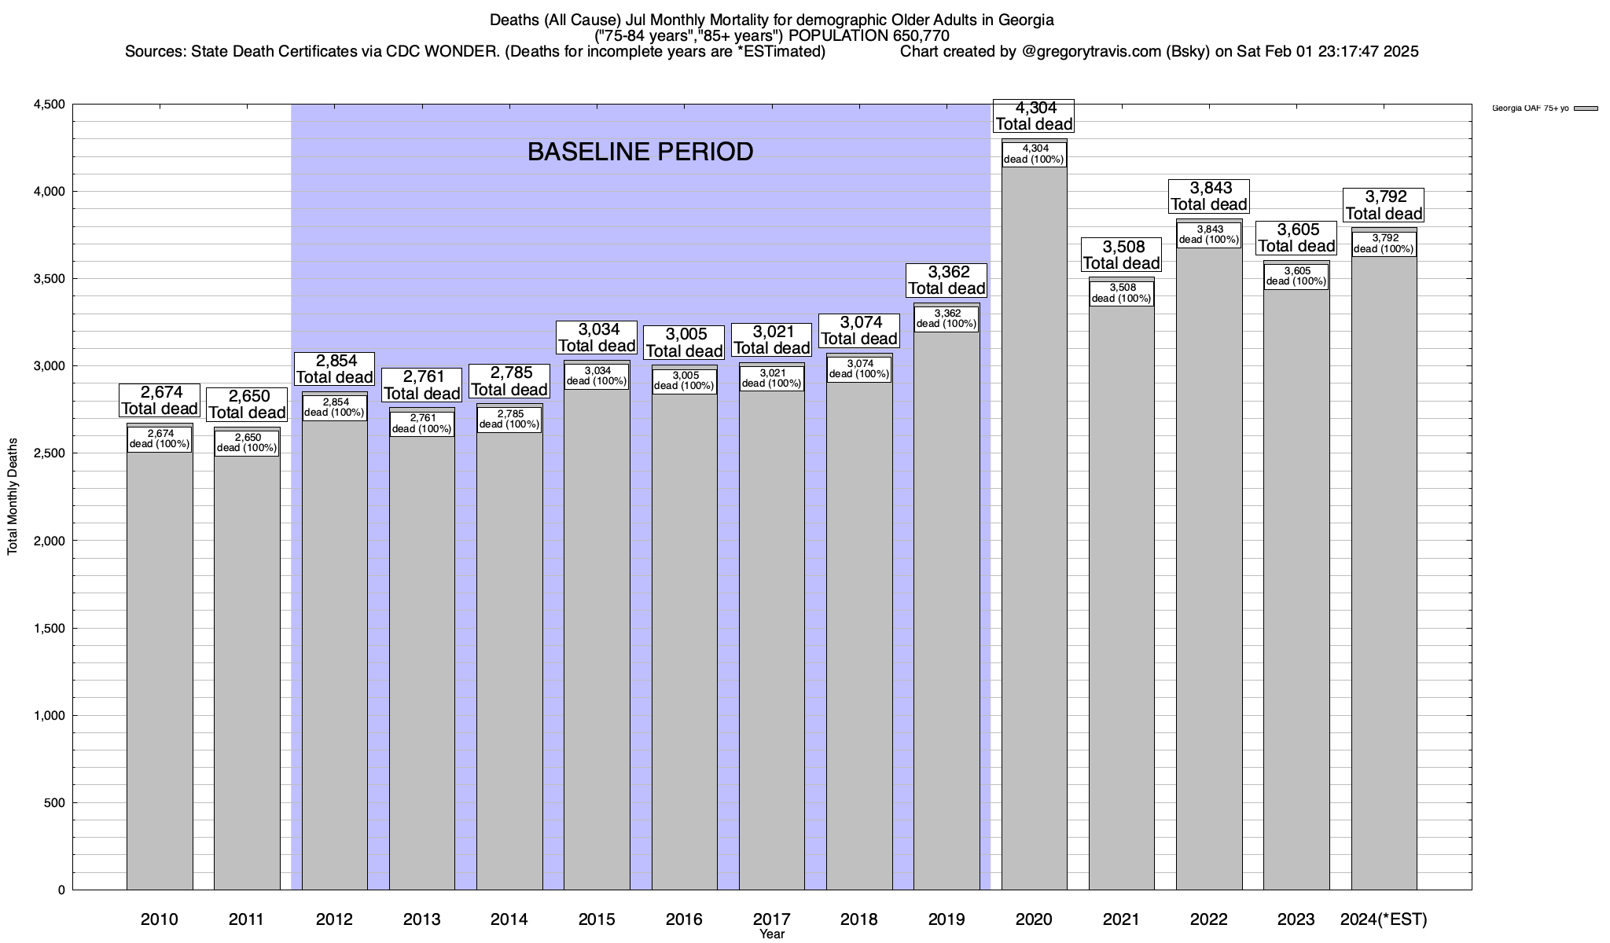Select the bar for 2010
160,668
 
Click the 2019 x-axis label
947,919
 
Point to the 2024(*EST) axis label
1384,919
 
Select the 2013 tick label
421,919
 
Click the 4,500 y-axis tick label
49,105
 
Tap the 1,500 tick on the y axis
49,628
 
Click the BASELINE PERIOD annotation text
640,152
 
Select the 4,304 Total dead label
1034,116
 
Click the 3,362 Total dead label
947,281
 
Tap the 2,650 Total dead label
247,404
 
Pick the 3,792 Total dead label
1384,205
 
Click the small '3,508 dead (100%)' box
1122,293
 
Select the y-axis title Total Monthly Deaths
13,507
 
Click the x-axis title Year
772,934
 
